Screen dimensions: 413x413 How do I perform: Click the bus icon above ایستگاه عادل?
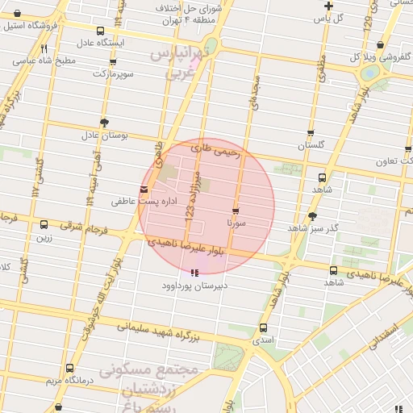click(100, 31)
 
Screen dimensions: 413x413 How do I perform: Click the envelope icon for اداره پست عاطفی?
click(144, 190)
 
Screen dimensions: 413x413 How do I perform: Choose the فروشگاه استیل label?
click(31, 26)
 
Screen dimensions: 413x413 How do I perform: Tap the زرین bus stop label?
click(43, 238)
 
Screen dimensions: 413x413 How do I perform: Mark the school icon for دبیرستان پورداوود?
click(193, 273)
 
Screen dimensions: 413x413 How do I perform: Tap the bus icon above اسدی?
click(263, 327)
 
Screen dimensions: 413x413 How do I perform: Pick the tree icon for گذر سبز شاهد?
click(312, 215)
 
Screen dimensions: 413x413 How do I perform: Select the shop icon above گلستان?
click(311, 133)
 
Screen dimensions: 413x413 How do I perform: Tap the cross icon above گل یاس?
click(327, 6)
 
